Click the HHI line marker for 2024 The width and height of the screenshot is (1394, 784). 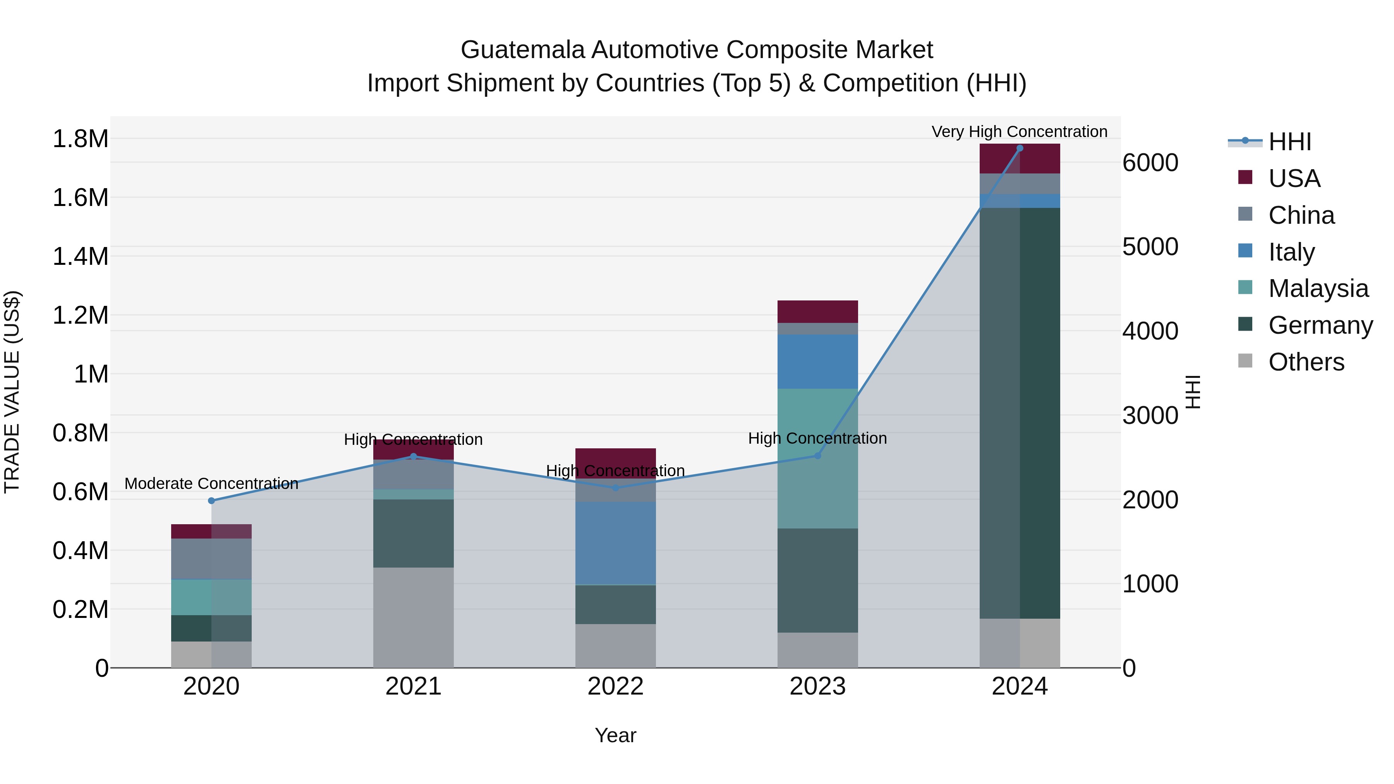click(x=1020, y=148)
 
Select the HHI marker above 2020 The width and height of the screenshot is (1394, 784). click(x=211, y=501)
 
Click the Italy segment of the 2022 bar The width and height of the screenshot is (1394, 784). click(x=615, y=543)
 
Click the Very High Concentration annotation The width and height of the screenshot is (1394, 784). click(x=1020, y=132)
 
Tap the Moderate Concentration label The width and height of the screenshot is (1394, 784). click(x=211, y=483)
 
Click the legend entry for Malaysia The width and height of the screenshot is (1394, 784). click(x=1318, y=288)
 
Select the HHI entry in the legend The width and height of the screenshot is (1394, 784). click(x=1289, y=142)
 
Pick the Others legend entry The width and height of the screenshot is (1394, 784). click(x=1306, y=362)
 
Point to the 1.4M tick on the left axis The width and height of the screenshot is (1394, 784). click(x=80, y=256)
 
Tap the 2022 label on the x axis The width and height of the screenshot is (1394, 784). click(x=615, y=686)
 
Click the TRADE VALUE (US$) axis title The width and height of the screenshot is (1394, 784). click(x=12, y=392)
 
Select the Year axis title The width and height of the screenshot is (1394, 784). click(x=615, y=735)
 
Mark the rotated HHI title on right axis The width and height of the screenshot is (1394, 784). click(x=1193, y=392)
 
